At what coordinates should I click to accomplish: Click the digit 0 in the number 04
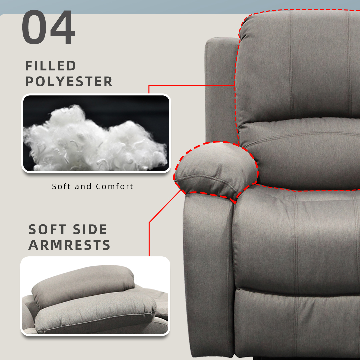[x=35, y=28]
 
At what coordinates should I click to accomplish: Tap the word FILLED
[x=51, y=66]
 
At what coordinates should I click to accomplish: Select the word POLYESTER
[x=69, y=82]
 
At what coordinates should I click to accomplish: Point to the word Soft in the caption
[x=61, y=186]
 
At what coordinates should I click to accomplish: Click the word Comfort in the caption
[x=114, y=186]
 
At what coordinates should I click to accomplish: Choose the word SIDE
[x=90, y=230]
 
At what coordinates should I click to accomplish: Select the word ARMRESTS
[x=69, y=245]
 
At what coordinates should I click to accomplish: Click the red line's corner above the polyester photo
[x=149, y=86]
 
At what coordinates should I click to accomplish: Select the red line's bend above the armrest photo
[x=149, y=222]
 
